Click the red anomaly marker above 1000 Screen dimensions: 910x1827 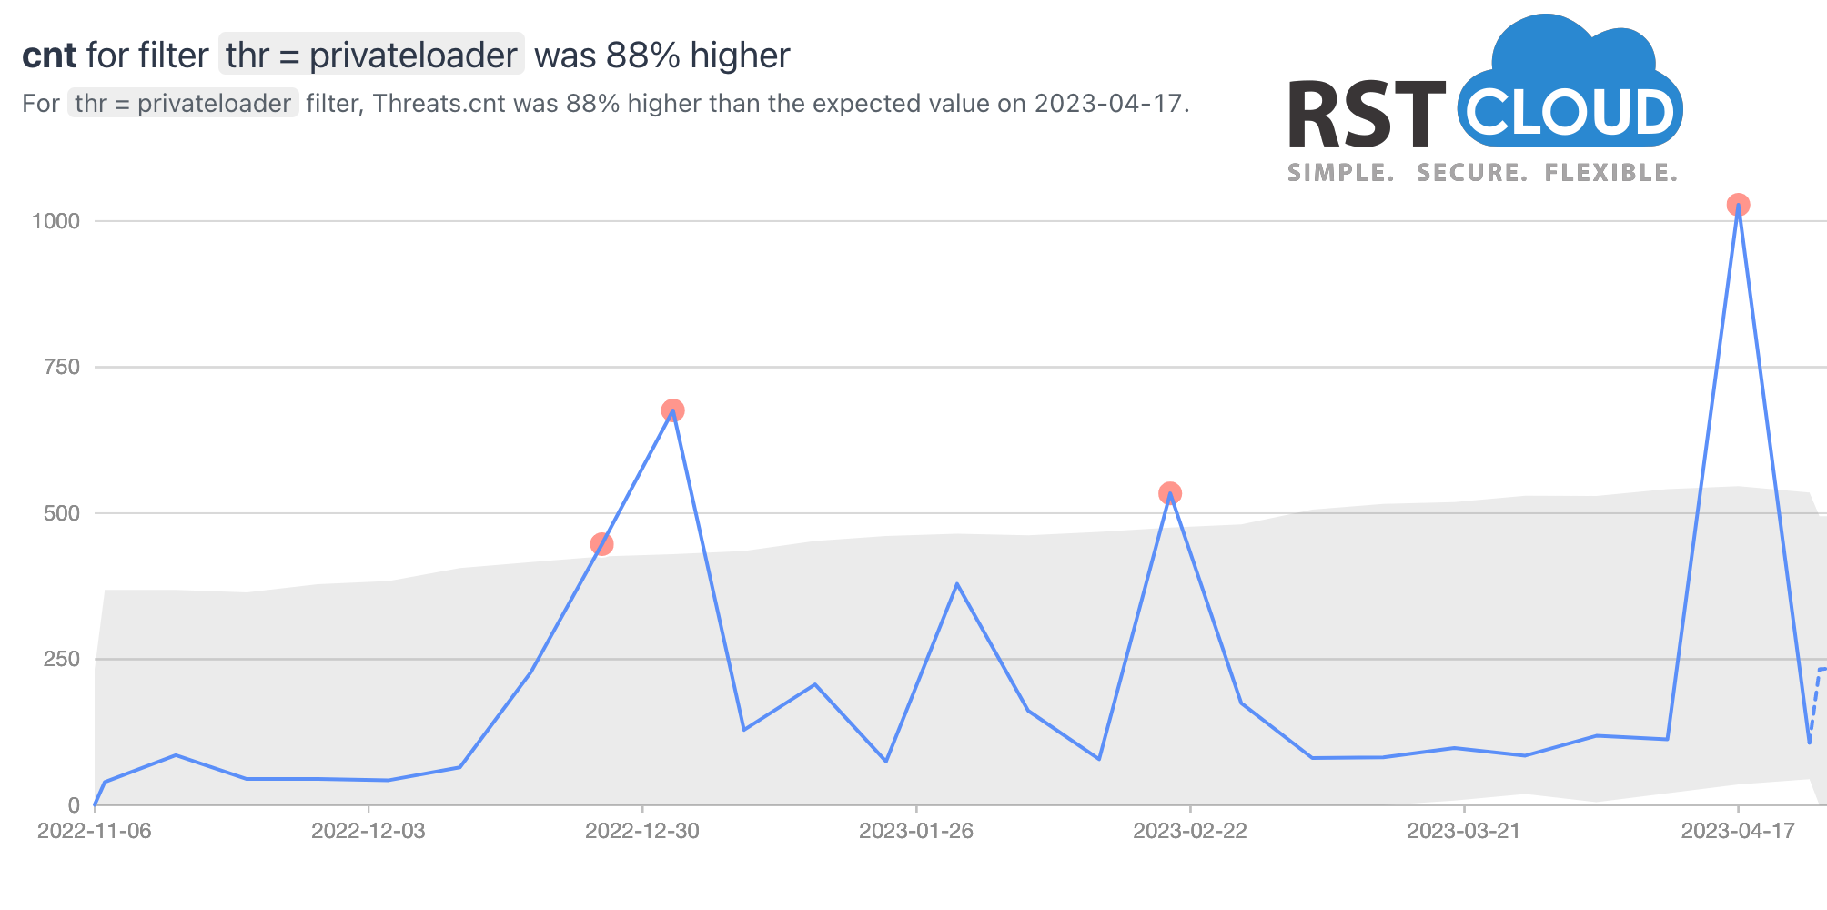click(x=1738, y=205)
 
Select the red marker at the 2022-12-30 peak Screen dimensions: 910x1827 click(x=672, y=410)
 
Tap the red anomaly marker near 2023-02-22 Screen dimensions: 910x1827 click(x=1170, y=493)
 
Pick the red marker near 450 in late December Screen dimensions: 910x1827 click(x=601, y=544)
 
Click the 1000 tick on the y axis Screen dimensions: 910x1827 click(x=56, y=221)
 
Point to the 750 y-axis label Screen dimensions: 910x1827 click(x=62, y=368)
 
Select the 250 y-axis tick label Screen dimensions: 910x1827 click(x=62, y=659)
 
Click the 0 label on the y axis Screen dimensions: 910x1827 click(x=74, y=805)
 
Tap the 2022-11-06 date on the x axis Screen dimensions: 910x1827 click(x=95, y=831)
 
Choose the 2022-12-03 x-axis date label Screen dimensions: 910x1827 click(x=368, y=831)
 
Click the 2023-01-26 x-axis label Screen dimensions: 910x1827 click(x=916, y=831)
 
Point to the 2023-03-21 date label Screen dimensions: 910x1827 click(x=1464, y=831)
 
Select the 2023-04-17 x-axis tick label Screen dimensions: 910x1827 click(x=1738, y=831)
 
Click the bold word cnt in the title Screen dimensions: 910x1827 click(x=49, y=56)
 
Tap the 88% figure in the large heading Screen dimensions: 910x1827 click(x=643, y=56)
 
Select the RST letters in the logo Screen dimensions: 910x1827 click(x=1366, y=116)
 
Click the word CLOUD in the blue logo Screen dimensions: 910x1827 click(x=1570, y=114)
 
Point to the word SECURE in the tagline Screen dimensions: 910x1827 click(x=1471, y=173)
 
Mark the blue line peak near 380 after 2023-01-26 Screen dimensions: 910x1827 click(x=956, y=583)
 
